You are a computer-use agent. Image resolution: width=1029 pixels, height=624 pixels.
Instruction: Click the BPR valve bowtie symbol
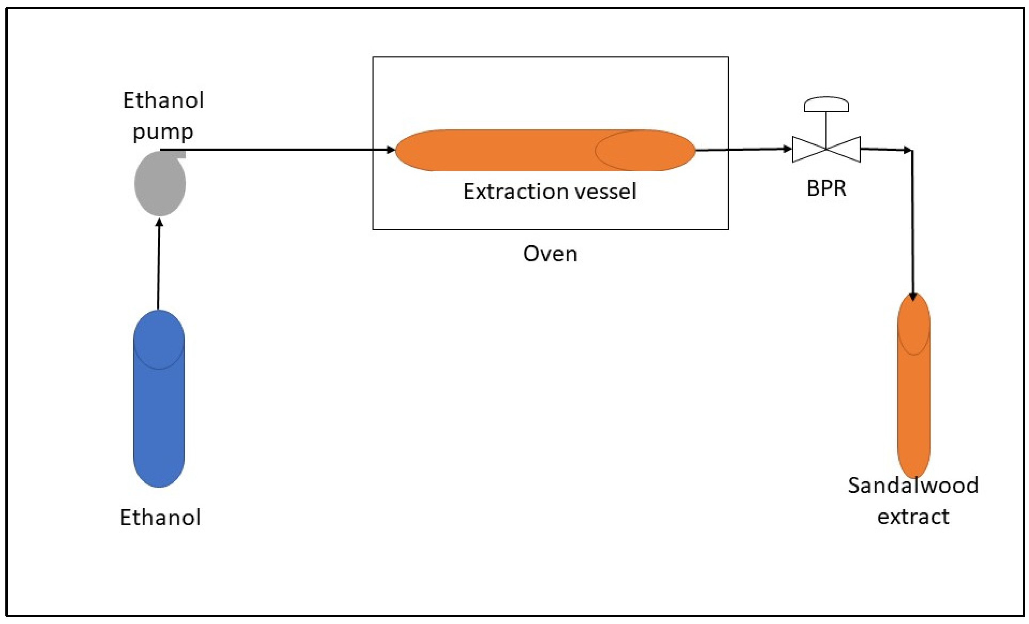coord(826,149)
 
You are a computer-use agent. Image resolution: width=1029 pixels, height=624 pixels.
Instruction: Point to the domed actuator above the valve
coord(826,105)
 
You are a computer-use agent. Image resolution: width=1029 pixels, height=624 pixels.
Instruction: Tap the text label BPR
coord(826,189)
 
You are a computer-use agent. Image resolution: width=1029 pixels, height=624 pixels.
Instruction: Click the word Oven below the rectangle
coord(550,254)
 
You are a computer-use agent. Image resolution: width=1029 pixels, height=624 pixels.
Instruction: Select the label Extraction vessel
coord(550,192)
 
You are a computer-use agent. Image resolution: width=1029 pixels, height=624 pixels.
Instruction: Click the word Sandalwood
coord(913,485)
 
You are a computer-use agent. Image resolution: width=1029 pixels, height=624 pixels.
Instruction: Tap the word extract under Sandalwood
coord(913,517)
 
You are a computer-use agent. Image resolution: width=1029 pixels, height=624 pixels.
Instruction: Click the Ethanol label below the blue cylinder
coord(160,517)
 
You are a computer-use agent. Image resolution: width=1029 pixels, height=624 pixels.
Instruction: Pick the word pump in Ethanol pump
coord(163,132)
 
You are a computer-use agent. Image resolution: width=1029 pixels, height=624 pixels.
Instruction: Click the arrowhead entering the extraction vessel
coord(391,149)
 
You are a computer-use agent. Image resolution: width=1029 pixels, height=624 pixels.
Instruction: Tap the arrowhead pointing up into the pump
coord(159,223)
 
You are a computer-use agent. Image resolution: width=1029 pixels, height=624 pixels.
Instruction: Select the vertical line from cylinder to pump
coord(158,267)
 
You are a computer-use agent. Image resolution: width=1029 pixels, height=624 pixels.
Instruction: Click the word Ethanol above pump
coord(163,101)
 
